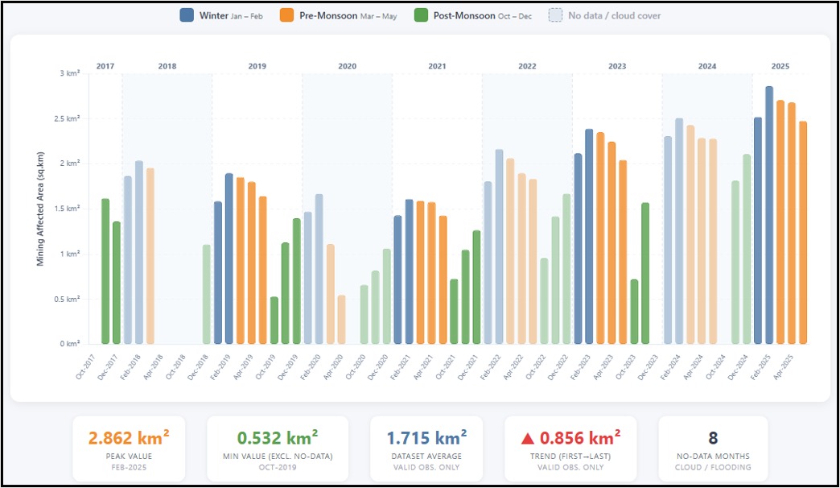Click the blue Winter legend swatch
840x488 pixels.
coord(187,15)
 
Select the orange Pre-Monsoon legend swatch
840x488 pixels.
coord(286,15)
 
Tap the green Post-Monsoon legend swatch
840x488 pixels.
coord(421,15)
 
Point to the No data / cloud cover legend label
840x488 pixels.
coord(615,15)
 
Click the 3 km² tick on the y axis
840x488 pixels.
coord(70,73)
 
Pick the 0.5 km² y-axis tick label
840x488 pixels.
coord(67,299)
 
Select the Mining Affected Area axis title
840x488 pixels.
coord(40,209)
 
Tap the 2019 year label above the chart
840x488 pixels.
coord(257,66)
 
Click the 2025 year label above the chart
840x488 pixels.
coord(780,66)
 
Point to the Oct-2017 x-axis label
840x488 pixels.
coord(86,366)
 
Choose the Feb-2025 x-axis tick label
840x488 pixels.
coord(760,366)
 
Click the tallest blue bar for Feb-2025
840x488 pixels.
coord(769,215)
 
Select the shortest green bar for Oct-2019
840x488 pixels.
coord(274,321)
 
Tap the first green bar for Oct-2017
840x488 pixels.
coord(105,271)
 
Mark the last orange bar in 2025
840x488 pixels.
coord(803,233)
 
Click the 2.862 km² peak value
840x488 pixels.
coord(129,438)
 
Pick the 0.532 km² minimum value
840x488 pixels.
coord(278,438)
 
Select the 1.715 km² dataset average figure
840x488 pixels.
coord(426,438)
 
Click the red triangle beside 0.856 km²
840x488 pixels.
coord(528,439)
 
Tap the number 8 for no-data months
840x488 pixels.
coord(713,438)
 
